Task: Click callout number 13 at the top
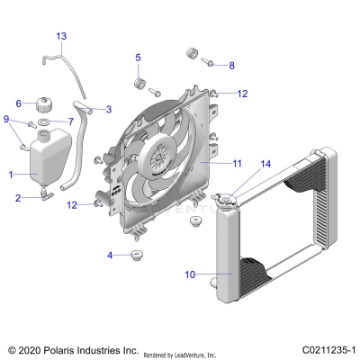pyautogui.click(x=61, y=36)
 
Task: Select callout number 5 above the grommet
pyautogui.click(x=139, y=58)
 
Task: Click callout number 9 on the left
pyautogui.click(x=7, y=119)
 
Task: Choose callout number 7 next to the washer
pyautogui.click(x=71, y=121)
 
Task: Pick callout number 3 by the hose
pyautogui.click(x=109, y=110)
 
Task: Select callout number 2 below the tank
pyautogui.click(x=17, y=197)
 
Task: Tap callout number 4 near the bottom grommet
pyautogui.click(x=111, y=256)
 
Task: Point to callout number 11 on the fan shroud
pyautogui.click(x=238, y=164)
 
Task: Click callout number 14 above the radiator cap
pyautogui.click(x=265, y=164)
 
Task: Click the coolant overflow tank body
pyautogui.click(x=46, y=162)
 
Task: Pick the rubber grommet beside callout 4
pyautogui.click(x=139, y=257)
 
